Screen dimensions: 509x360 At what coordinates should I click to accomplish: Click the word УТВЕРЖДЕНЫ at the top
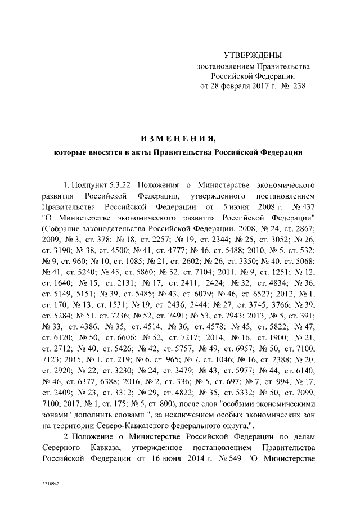[253, 55]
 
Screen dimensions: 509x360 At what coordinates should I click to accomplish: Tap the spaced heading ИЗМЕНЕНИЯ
[179, 138]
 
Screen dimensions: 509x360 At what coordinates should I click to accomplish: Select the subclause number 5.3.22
[120, 184]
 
